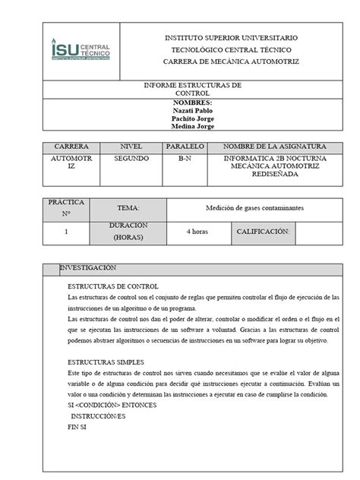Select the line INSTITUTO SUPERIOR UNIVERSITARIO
231,37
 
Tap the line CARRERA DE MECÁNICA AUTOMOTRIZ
231,61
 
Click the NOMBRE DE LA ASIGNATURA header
264,145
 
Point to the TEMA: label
128,207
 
